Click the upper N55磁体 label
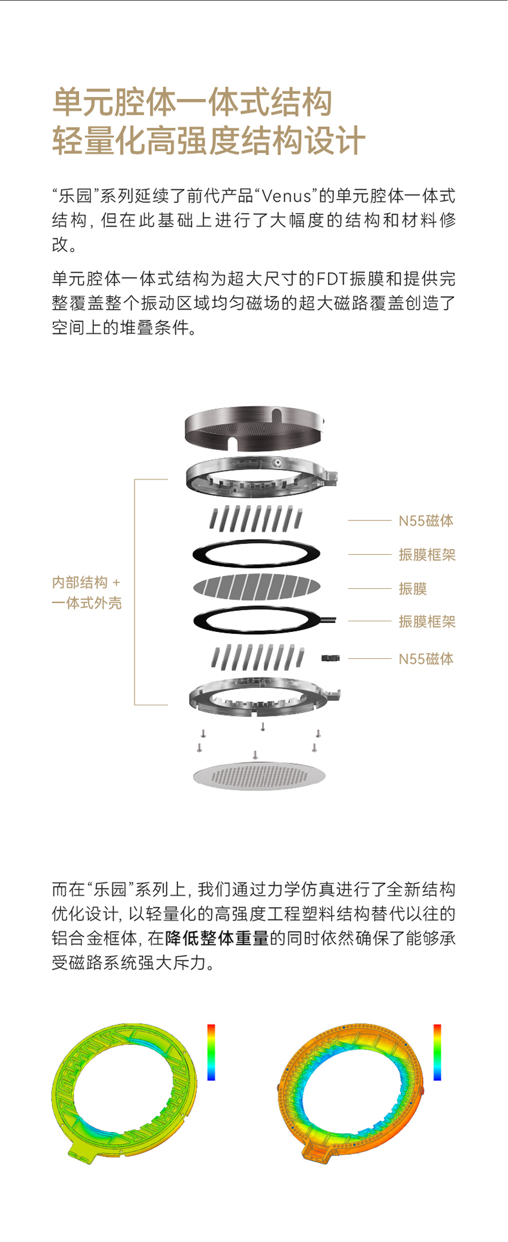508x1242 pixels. (x=426, y=521)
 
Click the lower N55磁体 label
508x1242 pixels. (x=426, y=658)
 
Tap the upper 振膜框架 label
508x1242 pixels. (x=427, y=555)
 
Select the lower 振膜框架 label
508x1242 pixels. (x=427, y=621)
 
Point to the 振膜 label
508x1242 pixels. (x=413, y=588)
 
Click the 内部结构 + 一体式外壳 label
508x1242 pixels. (x=87, y=593)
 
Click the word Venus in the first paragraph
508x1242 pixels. (x=287, y=196)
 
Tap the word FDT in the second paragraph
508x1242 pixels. (x=333, y=278)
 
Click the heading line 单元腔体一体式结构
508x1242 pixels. (x=192, y=102)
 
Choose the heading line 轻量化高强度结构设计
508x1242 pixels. (x=208, y=141)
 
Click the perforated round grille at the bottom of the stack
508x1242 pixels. (x=259, y=775)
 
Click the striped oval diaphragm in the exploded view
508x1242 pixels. (x=257, y=587)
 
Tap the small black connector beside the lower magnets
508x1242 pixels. (x=331, y=658)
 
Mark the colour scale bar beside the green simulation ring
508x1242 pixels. (x=211, y=1052)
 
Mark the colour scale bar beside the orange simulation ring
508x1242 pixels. (x=437, y=1052)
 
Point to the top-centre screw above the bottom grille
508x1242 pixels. (x=262, y=727)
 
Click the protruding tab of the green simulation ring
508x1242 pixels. (x=82, y=1148)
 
